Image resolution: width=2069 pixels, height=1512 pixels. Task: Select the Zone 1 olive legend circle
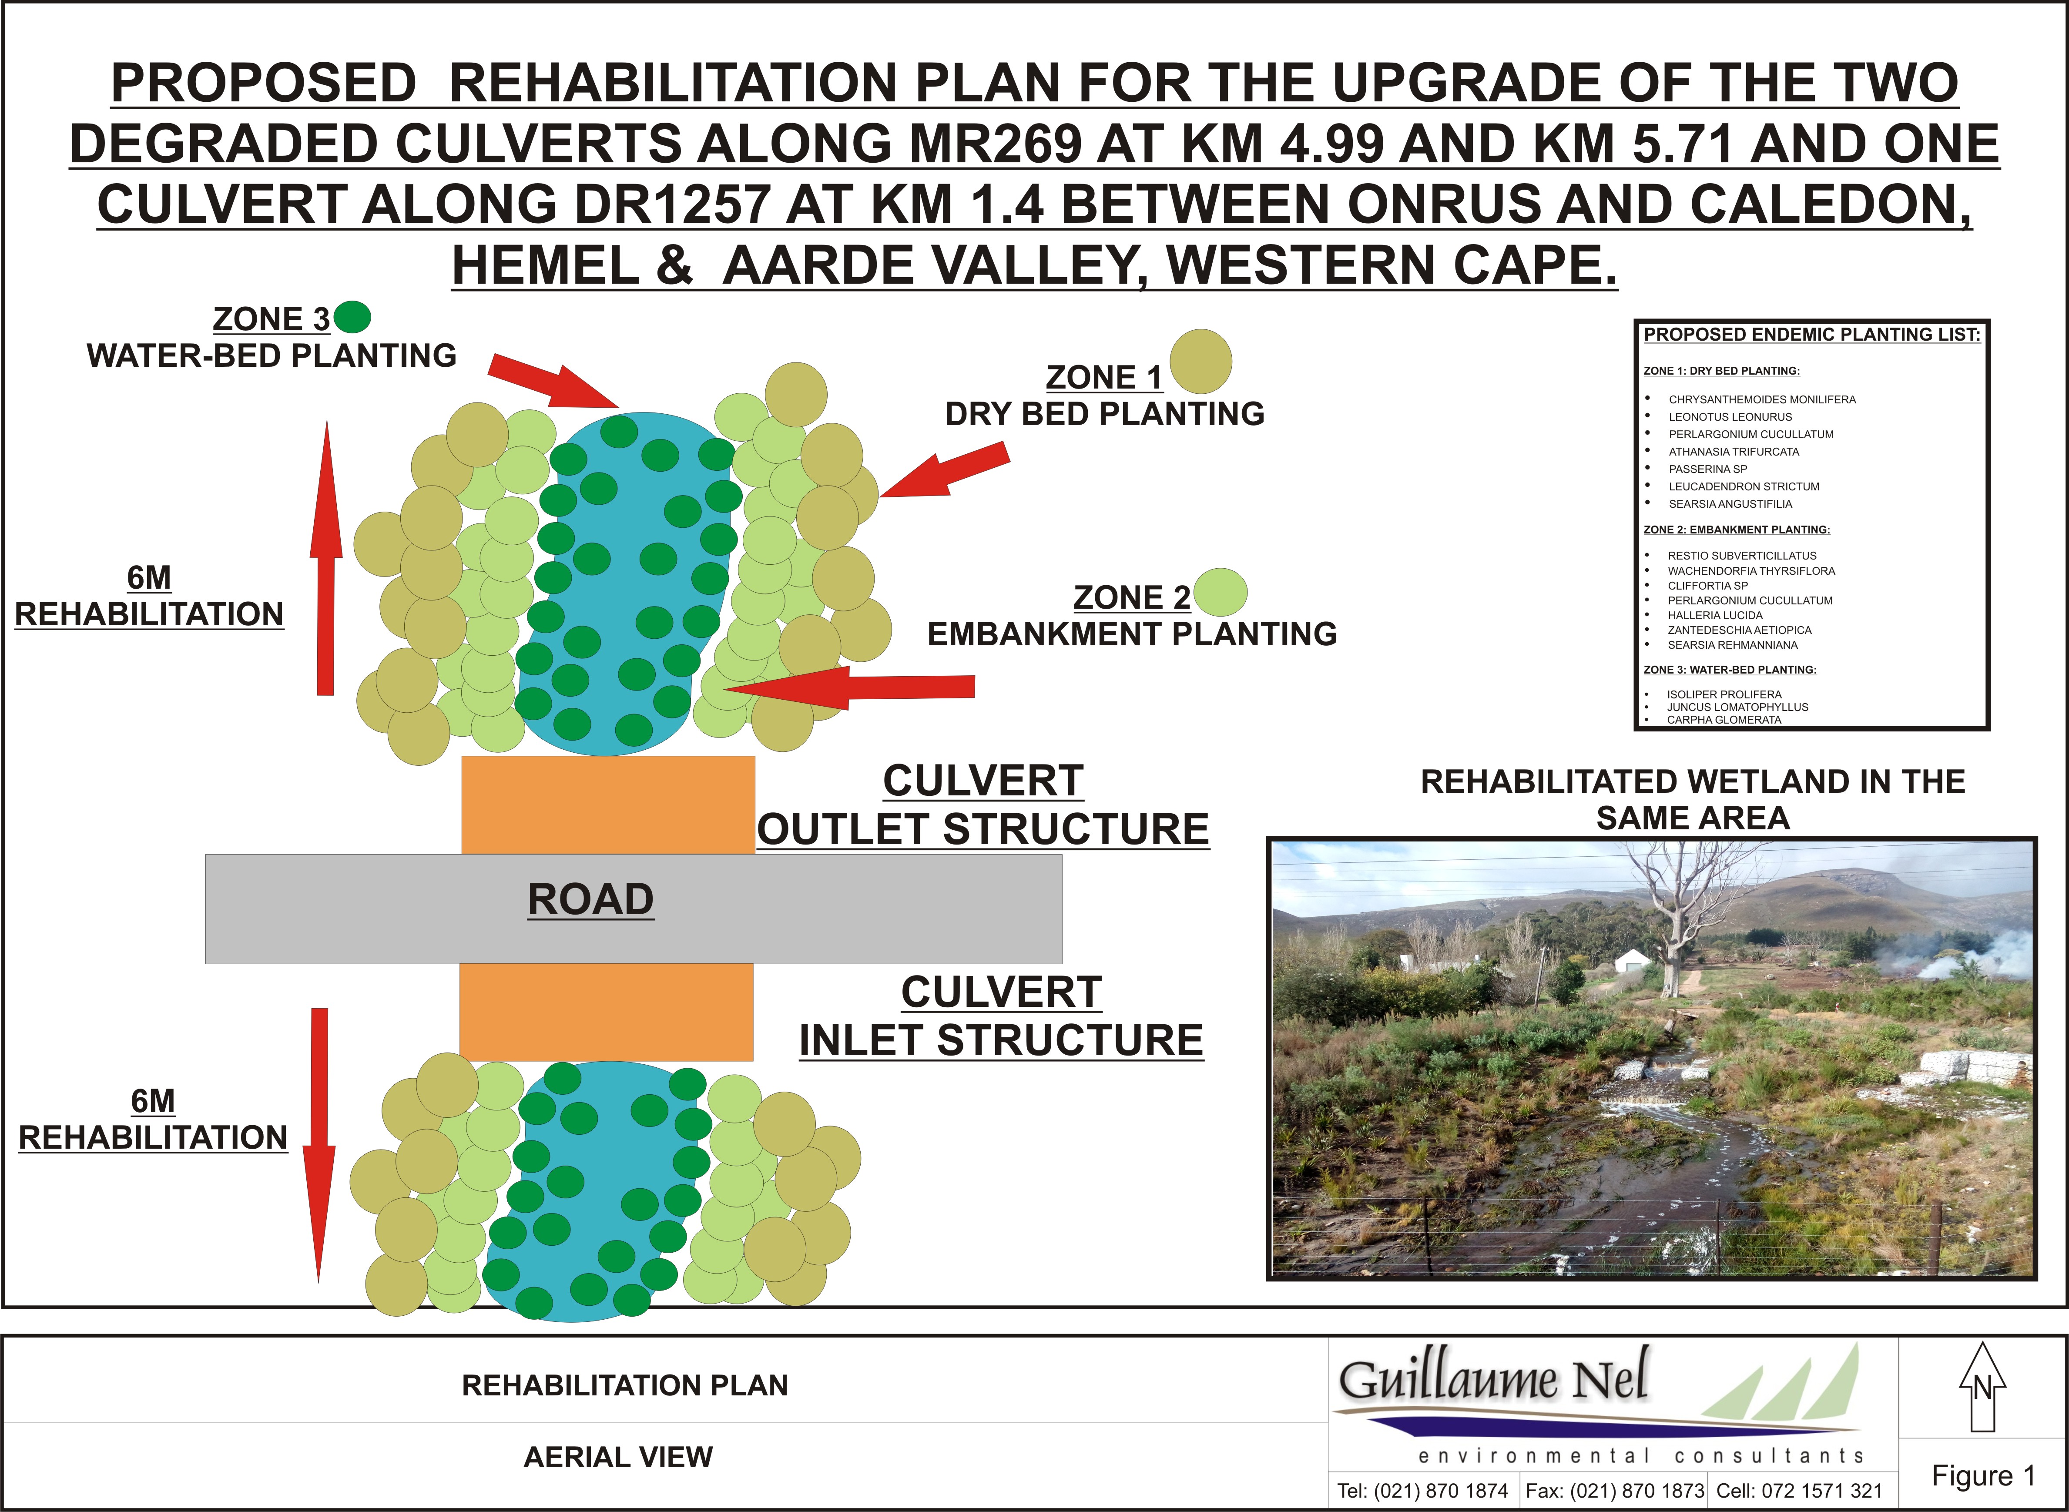(1200, 362)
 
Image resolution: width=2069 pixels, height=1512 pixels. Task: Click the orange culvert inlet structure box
(606, 1012)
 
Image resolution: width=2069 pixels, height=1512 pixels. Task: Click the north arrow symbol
(1982, 1388)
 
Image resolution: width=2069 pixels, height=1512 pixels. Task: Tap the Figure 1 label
(1983, 1475)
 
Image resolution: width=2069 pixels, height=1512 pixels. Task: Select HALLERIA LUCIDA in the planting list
(1715, 615)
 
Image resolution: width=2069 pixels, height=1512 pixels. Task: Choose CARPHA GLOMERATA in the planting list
(1724, 719)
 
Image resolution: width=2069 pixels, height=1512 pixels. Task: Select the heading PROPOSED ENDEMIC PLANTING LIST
(1812, 335)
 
